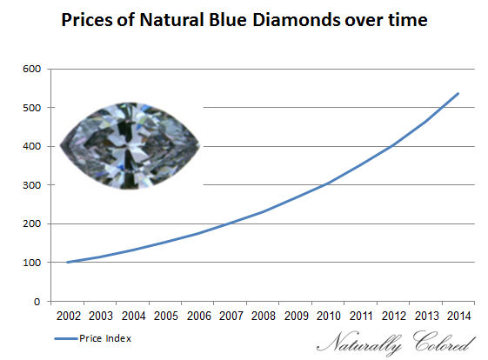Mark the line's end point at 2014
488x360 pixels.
(458, 93)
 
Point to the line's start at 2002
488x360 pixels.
(68, 262)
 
